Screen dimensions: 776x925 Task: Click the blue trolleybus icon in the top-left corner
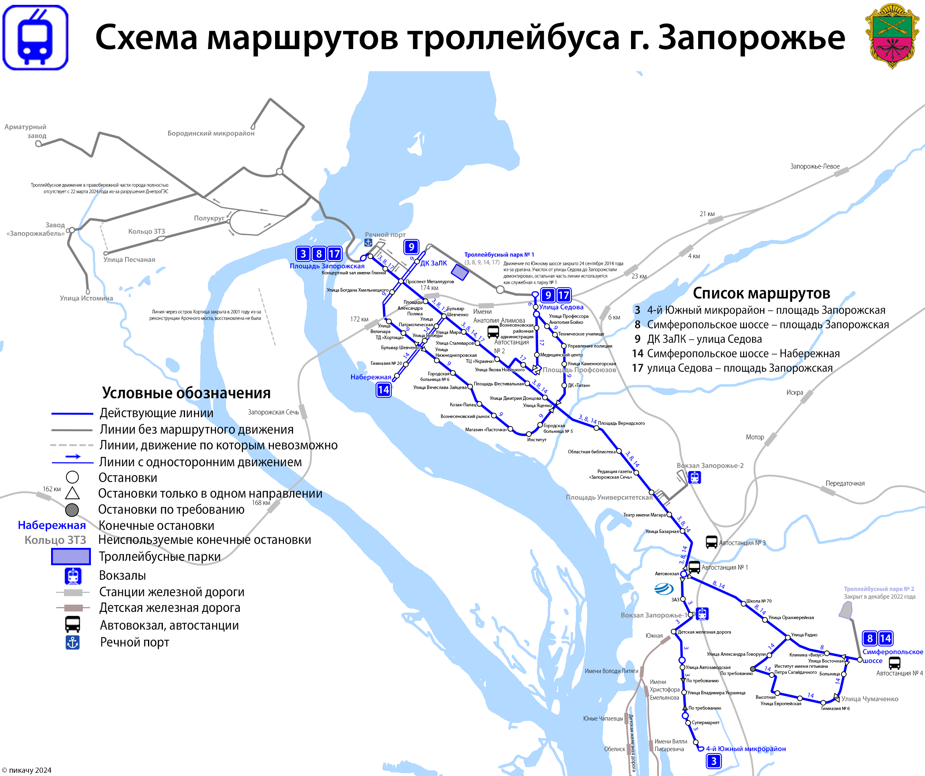[35, 37]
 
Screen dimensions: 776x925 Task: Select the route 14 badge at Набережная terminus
[383, 389]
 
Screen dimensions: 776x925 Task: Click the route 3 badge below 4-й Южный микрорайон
[713, 761]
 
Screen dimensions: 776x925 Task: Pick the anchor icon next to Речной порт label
[368, 242]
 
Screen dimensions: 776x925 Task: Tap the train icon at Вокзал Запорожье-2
[695, 477]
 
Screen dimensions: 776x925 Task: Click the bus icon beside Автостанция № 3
[711, 542]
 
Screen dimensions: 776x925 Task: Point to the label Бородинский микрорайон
[211, 133]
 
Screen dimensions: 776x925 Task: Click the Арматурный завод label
[26, 131]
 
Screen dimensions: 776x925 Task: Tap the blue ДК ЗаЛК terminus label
[434, 263]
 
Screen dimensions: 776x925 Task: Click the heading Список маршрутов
[761, 293]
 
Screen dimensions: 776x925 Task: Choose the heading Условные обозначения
[186, 393]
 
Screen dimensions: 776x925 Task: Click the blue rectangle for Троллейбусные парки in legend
[71, 556]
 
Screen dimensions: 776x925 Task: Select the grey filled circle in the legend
[72, 510]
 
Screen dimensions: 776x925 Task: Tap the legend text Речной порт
[134, 642]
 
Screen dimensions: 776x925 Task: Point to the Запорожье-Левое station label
[815, 167]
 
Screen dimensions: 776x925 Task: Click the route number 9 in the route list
[637, 339]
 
